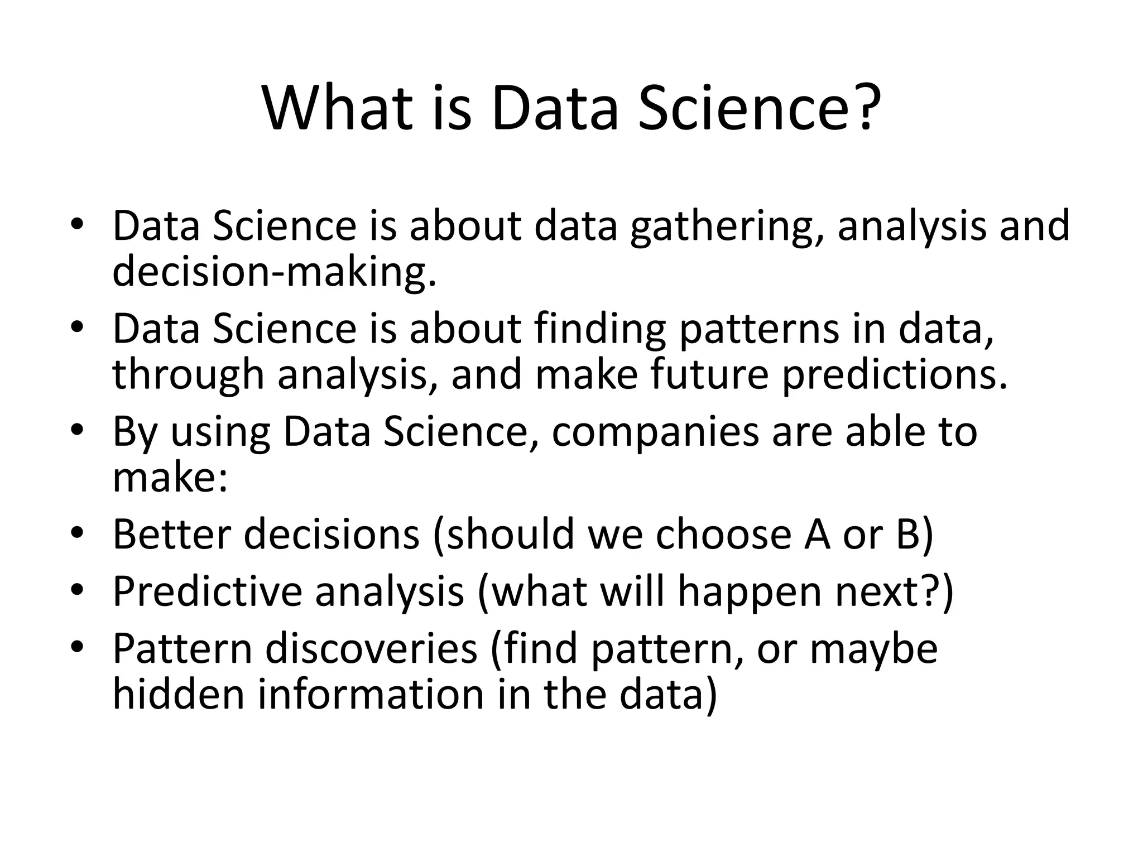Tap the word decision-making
[x=273, y=272]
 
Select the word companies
[x=655, y=432]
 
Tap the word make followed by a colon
[x=170, y=477]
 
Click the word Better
[x=172, y=534]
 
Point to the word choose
[x=723, y=534]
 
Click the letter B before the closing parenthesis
[x=908, y=534]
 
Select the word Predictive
[x=207, y=591]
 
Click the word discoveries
[x=371, y=649]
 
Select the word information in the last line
[x=371, y=694]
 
